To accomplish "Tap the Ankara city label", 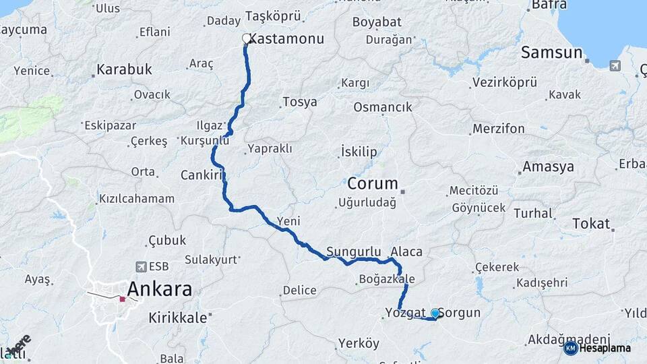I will click(x=160, y=290).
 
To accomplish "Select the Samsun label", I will click(x=551, y=53).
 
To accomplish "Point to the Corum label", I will click(x=373, y=183).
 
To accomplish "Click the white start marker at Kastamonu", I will click(x=247, y=39).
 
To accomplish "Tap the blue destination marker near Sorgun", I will click(x=435, y=313).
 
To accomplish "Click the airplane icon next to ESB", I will click(x=141, y=266).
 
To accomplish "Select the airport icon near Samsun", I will click(x=615, y=66).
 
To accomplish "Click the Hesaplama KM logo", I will click(x=571, y=348).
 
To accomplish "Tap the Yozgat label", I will click(x=406, y=313).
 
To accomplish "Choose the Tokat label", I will click(x=590, y=224).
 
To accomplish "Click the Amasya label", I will click(x=548, y=167).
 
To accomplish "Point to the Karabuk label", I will click(x=124, y=69).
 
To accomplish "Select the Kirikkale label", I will click(x=178, y=317).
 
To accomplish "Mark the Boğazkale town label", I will click(x=388, y=279).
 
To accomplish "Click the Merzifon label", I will click(x=498, y=128).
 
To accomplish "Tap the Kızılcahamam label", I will click(x=137, y=199).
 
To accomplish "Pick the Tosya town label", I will click(x=299, y=102).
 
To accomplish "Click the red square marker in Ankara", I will click(x=122, y=299).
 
